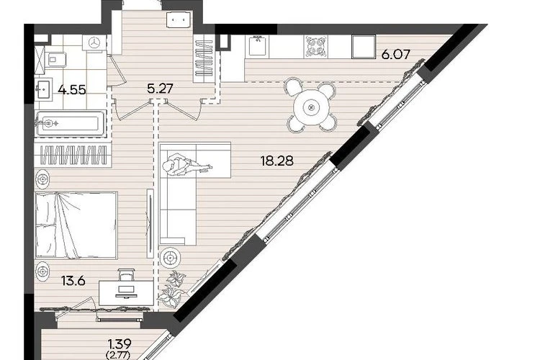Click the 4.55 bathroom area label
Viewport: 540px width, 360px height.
(72, 90)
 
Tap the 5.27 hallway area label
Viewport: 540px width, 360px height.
(159, 89)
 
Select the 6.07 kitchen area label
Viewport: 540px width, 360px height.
(396, 55)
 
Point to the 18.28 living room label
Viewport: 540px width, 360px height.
(277, 161)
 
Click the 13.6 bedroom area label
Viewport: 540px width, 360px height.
(73, 281)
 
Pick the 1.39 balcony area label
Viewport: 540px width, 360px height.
(120, 343)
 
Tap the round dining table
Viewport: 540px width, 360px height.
(311, 107)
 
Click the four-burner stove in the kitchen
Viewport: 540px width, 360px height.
(316, 46)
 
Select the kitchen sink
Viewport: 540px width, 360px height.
(257, 45)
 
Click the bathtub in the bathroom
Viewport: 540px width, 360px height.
(71, 123)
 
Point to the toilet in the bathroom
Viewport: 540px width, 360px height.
(56, 60)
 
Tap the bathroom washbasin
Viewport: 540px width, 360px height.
(43, 89)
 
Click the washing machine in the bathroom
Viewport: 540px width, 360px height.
(94, 43)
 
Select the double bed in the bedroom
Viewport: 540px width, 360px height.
(76, 225)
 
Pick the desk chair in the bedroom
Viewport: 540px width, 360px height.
(125, 275)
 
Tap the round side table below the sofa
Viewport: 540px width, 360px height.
(171, 257)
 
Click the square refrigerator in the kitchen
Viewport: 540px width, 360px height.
(364, 47)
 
